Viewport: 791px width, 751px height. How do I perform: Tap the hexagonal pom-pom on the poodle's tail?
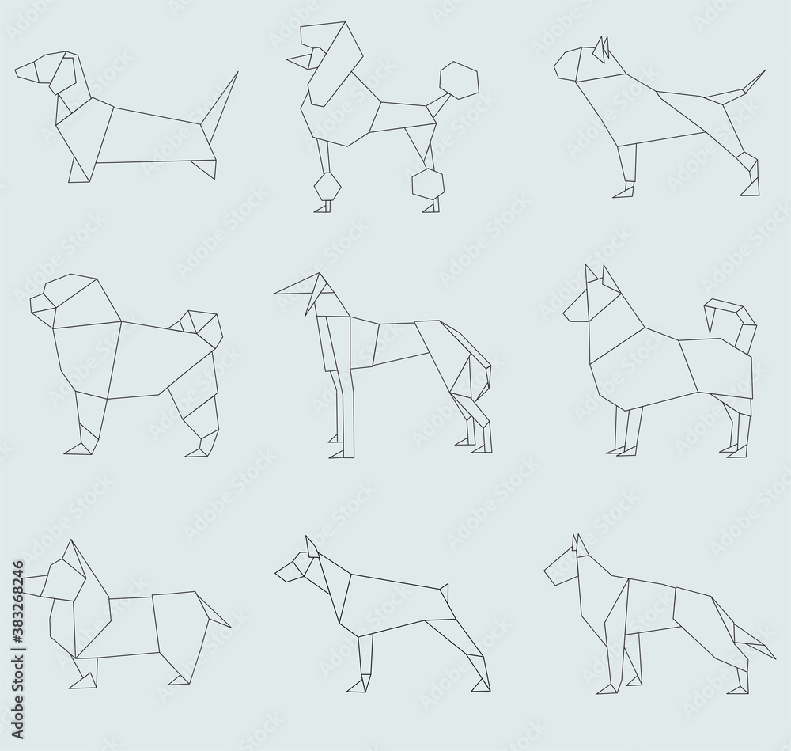tap(459, 80)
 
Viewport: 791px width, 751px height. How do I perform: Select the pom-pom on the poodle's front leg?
tap(327, 189)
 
